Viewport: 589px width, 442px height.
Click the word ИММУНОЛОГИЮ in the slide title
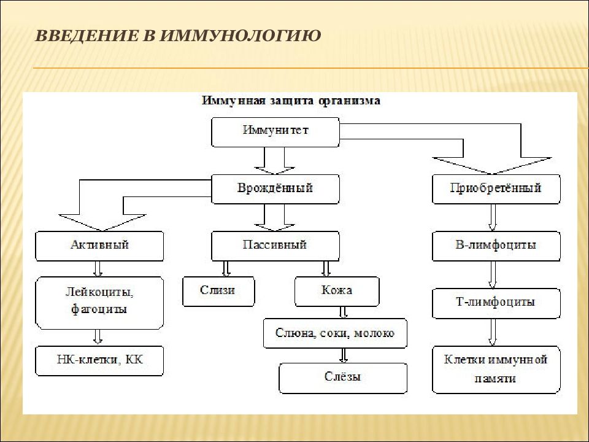pyautogui.click(x=240, y=36)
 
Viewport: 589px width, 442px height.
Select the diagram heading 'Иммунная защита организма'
pyautogui.click(x=291, y=101)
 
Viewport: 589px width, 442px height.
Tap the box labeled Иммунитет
pyautogui.click(x=275, y=132)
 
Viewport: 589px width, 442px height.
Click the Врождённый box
pyautogui.click(x=275, y=189)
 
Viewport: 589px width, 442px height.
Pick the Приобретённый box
pyautogui.click(x=496, y=189)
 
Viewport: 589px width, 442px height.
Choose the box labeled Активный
pyautogui.click(x=99, y=246)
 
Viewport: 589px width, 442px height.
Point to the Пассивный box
pyautogui.click(x=275, y=246)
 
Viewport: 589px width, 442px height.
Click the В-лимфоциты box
pyautogui.click(x=496, y=246)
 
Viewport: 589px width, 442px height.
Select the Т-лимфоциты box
pyautogui.click(x=496, y=303)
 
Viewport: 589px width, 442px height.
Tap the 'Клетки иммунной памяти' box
pyautogui.click(x=496, y=370)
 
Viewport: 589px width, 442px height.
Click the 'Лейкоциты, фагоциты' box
pyautogui.click(x=99, y=303)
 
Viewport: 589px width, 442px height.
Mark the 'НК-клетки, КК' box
pyautogui.click(x=99, y=361)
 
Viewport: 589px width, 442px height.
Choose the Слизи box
pyautogui.click(x=218, y=291)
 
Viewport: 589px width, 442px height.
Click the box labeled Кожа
pyautogui.click(x=337, y=291)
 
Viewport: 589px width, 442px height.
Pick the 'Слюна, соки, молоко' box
pyautogui.click(x=335, y=333)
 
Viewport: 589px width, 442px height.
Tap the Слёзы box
pyautogui.click(x=343, y=378)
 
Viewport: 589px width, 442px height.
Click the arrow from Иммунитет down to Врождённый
pyautogui.click(x=274, y=161)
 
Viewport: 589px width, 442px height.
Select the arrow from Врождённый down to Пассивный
pyautogui.click(x=274, y=217)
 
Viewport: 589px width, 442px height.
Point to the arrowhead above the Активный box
pyautogui.click(x=102, y=222)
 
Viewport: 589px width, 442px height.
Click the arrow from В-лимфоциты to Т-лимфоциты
pyautogui.click(x=493, y=275)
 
